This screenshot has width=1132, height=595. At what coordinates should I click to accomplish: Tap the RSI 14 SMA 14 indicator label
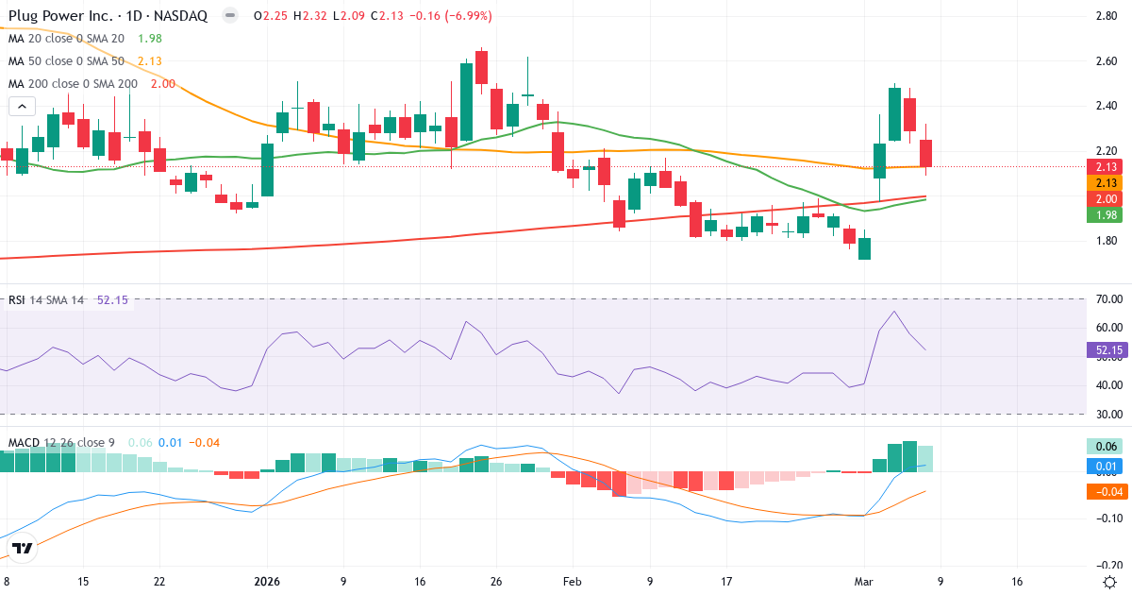point(46,300)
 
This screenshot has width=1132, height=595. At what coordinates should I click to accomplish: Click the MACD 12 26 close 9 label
point(62,442)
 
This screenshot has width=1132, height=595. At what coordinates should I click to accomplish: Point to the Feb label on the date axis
point(571,581)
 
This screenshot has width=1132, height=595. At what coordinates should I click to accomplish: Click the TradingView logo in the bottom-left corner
point(23,548)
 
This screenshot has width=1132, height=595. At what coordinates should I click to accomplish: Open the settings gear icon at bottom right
point(1110,581)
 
